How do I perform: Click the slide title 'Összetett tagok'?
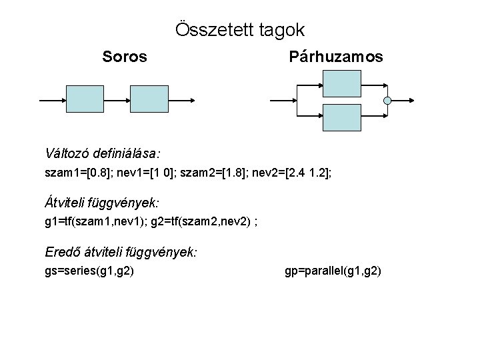click(x=240, y=30)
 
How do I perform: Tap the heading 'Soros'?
click(x=125, y=57)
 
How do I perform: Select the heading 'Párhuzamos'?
click(x=336, y=57)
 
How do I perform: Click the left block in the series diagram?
click(x=85, y=100)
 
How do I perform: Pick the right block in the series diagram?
click(x=149, y=100)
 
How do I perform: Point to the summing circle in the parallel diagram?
click(x=387, y=101)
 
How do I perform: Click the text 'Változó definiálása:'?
click(x=103, y=153)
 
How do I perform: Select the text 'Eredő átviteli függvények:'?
click(x=120, y=253)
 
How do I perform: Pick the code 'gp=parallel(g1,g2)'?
click(x=333, y=272)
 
